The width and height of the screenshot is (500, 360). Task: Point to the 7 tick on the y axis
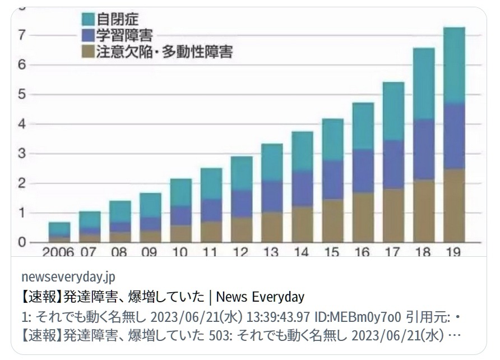[21, 35]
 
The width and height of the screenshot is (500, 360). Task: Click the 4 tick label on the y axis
[21, 124]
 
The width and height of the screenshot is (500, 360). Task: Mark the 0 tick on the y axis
[21, 242]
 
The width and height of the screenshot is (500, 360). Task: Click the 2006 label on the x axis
[58, 252]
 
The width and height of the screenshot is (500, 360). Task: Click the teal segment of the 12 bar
[240, 173]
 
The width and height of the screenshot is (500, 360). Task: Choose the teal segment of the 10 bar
[180, 193]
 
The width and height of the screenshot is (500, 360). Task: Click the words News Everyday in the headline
[260, 297]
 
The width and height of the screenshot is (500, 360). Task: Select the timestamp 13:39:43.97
[278, 317]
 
